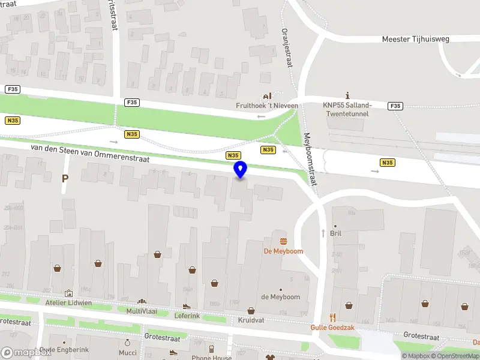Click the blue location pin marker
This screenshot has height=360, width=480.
pyautogui.click(x=241, y=170)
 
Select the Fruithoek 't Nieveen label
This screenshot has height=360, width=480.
pyautogui.click(x=266, y=106)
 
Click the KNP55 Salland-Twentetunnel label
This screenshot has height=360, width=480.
pyautogui.click(x=347, y=109)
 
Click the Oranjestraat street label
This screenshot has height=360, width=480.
pyautogui.click(x=286, y=47)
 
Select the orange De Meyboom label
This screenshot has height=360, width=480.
pyautogui.click(x=283, y=251)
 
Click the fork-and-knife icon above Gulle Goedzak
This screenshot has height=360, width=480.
pyautogui.click(x=332, y=317)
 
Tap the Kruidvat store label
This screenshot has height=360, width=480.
pyautogui.click(x=251, y=320)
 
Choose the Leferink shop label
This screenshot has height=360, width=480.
pyautogui.click(x=187, y=316)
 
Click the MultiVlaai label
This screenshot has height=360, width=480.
pyautogui.click(x=142, y=311)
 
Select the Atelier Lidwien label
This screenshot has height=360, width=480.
pyautogui.click(x=68, y=303)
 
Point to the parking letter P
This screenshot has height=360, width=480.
pyautogui.click(x=65, y=178)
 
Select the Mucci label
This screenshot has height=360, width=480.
pyautogui.click(x=127, y=353)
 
